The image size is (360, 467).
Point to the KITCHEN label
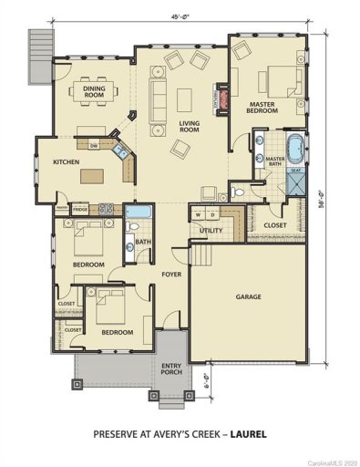(67, 162)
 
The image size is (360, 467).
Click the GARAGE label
(249, 297)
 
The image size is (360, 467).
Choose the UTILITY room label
(211, 231)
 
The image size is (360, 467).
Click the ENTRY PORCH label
(170, 368)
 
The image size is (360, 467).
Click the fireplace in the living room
(217, 98)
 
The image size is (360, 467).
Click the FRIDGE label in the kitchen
(80, 209)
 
